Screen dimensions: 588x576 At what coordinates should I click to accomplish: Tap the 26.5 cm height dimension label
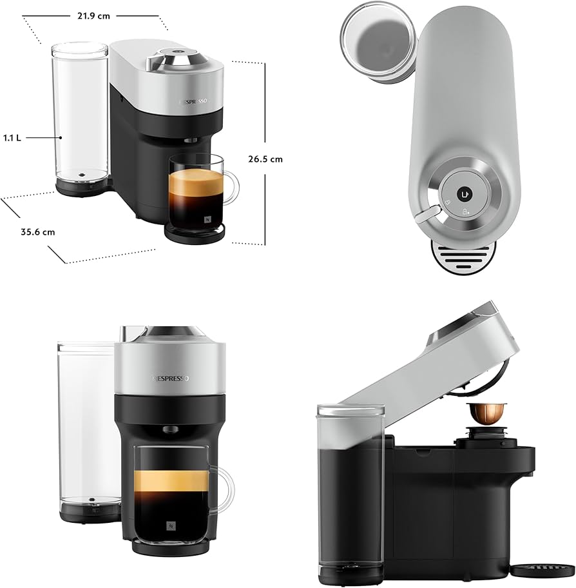(265, 159)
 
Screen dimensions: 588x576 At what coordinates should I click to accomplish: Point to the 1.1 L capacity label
(12, 137)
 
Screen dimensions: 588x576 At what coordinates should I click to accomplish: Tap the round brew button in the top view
(463, 193)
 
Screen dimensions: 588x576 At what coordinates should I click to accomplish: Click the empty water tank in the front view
(86, 426)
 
